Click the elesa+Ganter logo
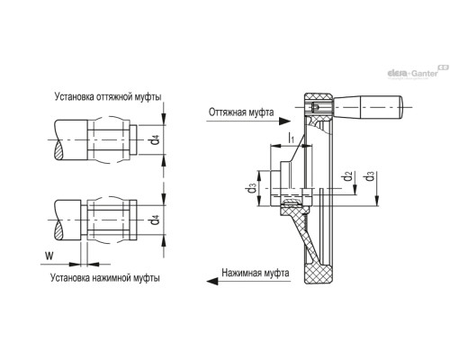click(418, 72)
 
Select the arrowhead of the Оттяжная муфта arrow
click(284, 121)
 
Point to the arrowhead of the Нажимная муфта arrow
click(212, 281)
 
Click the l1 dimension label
click(291, 138)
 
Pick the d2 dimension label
click(348, 176)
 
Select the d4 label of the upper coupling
click(155, 139)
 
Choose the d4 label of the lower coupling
click(155, 220)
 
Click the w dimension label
click(49, 256)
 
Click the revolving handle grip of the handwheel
click(368, 107)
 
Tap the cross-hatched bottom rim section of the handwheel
click(319, 273)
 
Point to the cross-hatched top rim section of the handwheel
click(319, 98)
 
